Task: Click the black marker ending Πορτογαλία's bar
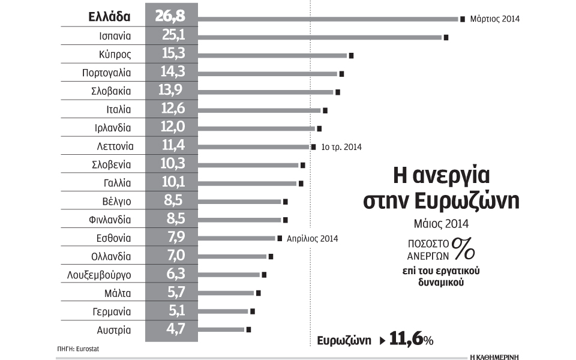point(341,74)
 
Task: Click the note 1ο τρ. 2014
point(341,147)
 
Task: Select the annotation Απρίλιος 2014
point(312,238)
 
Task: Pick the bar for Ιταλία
point(259,110)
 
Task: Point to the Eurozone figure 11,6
point(405,340)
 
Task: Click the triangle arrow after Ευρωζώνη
point(383,340)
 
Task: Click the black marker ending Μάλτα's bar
point(258,293)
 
